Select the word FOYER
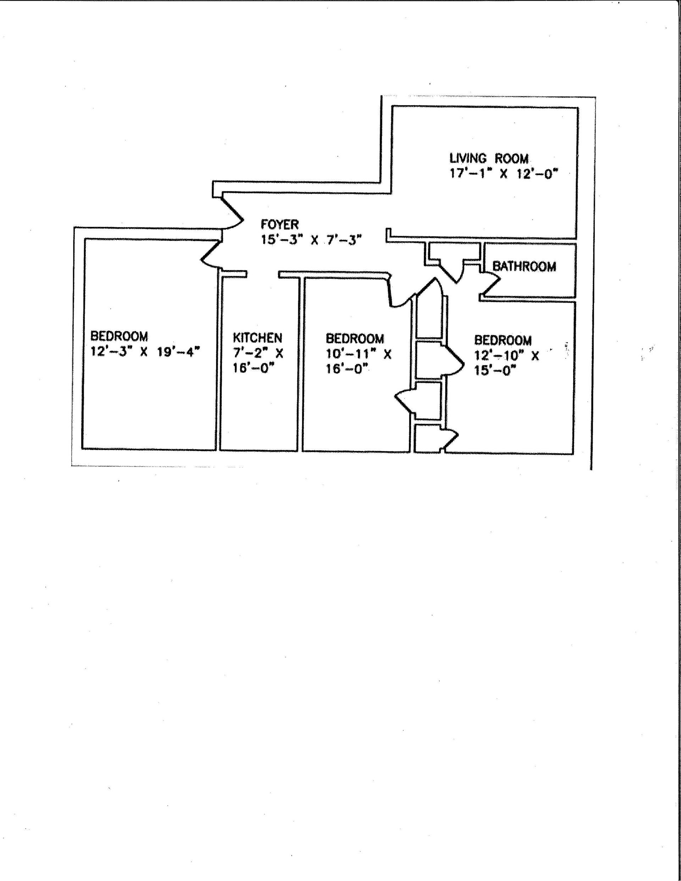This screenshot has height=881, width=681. pos(279,224)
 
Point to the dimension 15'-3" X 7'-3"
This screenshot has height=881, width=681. pos(310,240)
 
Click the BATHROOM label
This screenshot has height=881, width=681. pos(524,266)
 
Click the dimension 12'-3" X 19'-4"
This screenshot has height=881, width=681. pos(145,352)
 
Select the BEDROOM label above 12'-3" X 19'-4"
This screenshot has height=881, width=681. pos(119,336)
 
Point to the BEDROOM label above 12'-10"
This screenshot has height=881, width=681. pos(503,340)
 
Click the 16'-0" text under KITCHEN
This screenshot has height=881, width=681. pos(251,369)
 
